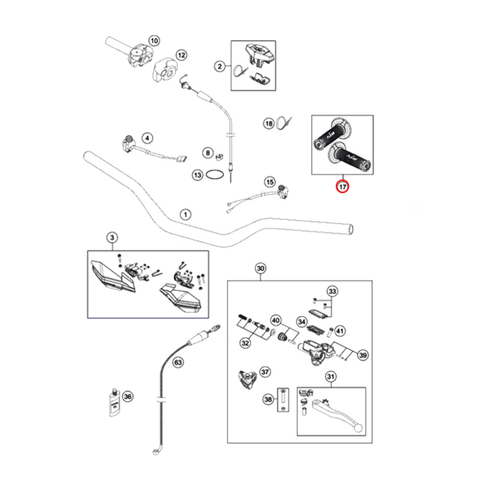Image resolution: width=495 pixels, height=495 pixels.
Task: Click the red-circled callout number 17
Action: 343,187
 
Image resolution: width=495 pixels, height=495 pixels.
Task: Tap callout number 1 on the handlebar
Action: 185,214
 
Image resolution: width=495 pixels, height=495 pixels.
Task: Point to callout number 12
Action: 181,55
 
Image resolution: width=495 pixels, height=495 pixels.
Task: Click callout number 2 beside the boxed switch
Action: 219,66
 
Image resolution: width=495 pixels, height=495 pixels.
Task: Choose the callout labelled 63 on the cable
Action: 178,362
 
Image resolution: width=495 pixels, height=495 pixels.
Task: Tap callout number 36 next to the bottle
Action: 128,396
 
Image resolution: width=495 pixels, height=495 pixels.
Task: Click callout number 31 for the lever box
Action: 331,377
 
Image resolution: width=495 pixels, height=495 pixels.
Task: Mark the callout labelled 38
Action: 268,399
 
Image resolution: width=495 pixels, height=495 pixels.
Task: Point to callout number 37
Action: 265,372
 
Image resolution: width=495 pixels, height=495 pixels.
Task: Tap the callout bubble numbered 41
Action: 340,331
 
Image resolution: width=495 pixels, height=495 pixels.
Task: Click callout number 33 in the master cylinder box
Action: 332,291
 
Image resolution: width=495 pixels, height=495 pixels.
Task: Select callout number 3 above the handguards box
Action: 112,238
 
